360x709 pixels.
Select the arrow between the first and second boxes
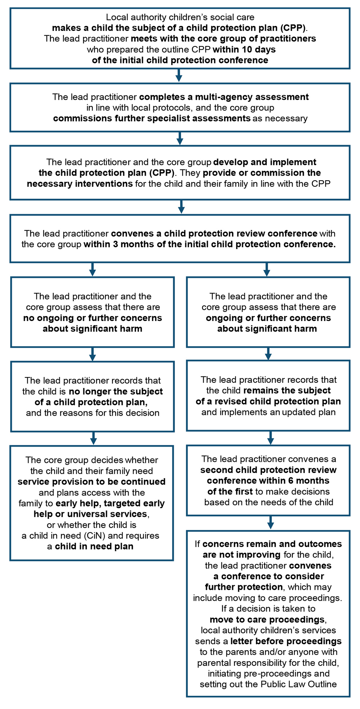(179, 76)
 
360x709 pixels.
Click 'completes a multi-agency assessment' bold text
(224, 97)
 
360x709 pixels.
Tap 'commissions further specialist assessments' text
(152, 118)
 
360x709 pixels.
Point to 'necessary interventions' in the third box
(80, 184)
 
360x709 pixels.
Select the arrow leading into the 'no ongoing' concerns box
(93, 269)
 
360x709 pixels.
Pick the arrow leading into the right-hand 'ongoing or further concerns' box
(267, 269)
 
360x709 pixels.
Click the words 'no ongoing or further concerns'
(93, 318)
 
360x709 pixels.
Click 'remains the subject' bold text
(287, 390)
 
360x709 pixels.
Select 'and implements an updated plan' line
(268, 412)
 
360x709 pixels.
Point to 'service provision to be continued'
(91, 482)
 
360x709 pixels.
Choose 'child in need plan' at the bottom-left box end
(94, 546)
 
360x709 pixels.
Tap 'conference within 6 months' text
(268, 481)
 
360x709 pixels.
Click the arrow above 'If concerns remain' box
(271, 523)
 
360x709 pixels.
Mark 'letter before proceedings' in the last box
(286, 641)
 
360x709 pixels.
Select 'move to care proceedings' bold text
(267, 620)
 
